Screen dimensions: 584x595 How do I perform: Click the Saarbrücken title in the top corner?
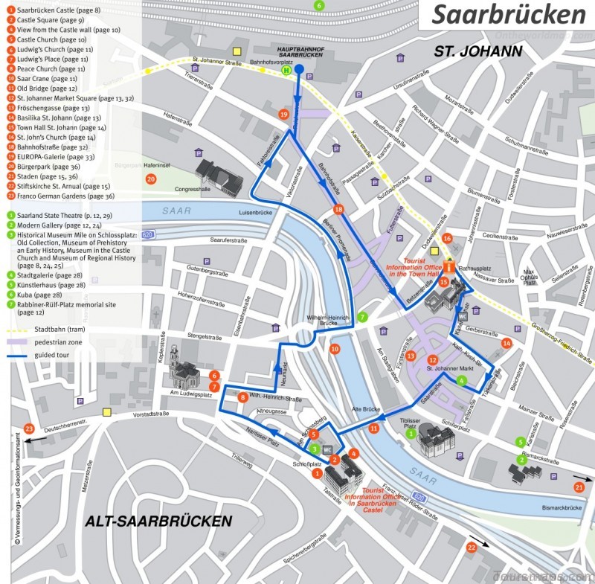[509, 15]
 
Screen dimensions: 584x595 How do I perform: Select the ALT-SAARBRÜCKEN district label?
[157, 520]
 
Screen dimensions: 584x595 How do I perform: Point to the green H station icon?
[286, 71]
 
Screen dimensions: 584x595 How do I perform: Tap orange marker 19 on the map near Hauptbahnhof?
[283, 115]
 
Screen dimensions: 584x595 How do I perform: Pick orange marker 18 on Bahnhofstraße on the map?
[339, 210]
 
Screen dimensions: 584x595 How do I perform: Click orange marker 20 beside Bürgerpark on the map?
[151, 179]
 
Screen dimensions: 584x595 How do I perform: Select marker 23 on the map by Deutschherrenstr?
[29, 429]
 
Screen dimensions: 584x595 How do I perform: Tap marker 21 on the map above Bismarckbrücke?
[579, 487]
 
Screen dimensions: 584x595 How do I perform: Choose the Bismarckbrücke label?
[560, 508]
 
